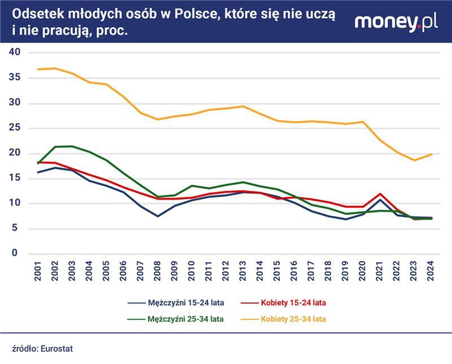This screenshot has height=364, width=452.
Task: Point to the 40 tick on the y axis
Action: pyautogui.click(x=14, y=52)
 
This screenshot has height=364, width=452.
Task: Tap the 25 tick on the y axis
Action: pyautogui.click(x=14, y=128)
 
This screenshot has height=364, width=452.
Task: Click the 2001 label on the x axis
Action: pyautogui.click(x=38, y=273)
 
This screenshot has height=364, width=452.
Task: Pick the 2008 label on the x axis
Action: pyautogui.click(x=157, y=273)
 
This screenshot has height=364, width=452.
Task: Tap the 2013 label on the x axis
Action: pyautogui.click(x=242, y=273)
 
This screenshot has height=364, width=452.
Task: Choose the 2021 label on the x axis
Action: pyautogui.click(x=379, y=273)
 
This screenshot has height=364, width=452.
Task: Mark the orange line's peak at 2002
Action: pyautogui.click(x=55, y=68)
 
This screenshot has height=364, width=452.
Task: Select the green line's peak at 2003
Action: pyautogui.click(x=72, y=146)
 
